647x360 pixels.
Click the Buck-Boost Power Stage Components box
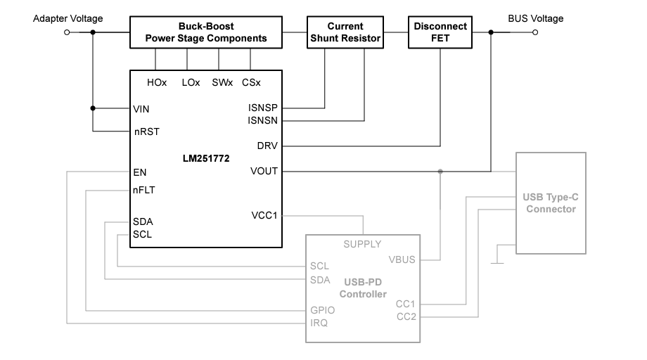206,32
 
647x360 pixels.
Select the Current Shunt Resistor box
345,32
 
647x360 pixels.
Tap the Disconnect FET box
440,32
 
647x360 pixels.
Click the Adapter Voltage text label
68,18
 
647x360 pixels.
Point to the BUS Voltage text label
536,18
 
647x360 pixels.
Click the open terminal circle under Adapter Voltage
68,32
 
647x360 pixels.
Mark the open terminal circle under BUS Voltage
535,32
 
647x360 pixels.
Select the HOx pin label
157,82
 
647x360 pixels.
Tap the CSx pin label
251,82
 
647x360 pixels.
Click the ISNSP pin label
264,108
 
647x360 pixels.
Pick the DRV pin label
268,146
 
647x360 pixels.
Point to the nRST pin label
146,131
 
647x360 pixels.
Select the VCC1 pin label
264,215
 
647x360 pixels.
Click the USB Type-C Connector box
551,203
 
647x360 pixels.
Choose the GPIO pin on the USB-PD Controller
322,310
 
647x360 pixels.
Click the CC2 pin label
406,316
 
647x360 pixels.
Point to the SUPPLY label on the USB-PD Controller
362,244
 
